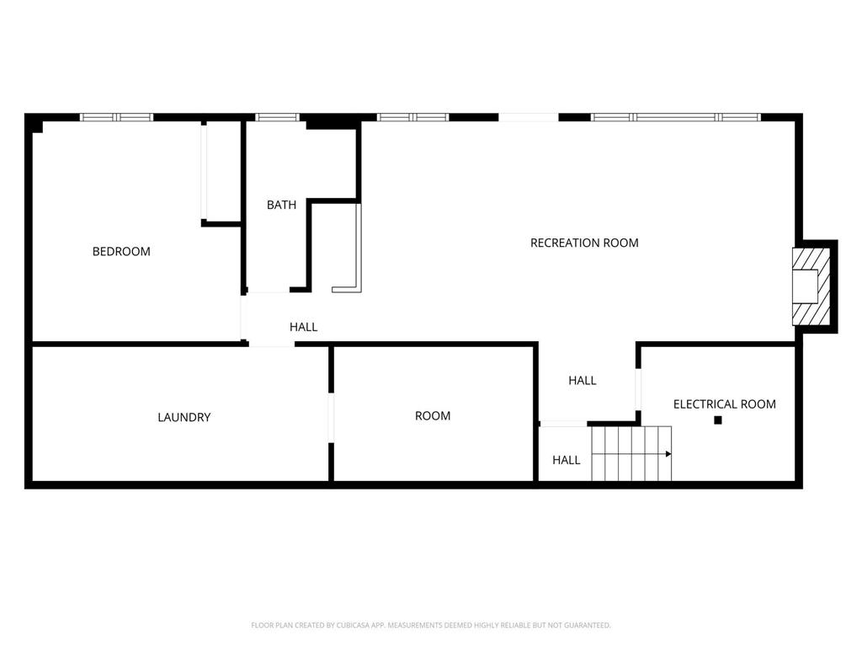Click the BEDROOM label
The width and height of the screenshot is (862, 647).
click(x=121, y=251)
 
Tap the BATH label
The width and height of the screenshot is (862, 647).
click(x=281, y=205)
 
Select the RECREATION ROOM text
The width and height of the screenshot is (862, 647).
click(x=584, y=243)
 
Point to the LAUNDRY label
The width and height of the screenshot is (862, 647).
click(x=184, y=417)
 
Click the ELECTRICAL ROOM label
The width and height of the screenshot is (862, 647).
click(x=725, y=404)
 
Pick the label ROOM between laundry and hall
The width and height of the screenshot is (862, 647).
click(x=433, y=416)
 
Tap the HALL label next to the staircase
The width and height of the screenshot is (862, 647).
click(x=567, y=460)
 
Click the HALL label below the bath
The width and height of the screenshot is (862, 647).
click(x=303, y=327)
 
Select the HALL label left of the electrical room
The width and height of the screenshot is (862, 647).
click(x=583, y=380)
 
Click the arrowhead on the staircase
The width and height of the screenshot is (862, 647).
click(x=668, y=454)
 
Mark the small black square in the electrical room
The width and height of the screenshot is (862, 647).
click(x=717, y=420)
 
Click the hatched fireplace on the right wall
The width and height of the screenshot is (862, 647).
click(x=811, y=286)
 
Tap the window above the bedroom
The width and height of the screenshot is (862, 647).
click(x=116, y=117)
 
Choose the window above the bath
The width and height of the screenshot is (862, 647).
click(x=277, y=117)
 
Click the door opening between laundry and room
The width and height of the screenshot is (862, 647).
click(x=331, y=418)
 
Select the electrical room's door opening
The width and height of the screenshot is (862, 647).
click(x=638, y=389)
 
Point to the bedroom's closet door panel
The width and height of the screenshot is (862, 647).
click(x=204, y=172)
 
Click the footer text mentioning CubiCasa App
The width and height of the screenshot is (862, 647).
click(x=431, y=625)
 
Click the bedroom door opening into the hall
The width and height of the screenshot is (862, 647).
click(x=243, y=318)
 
